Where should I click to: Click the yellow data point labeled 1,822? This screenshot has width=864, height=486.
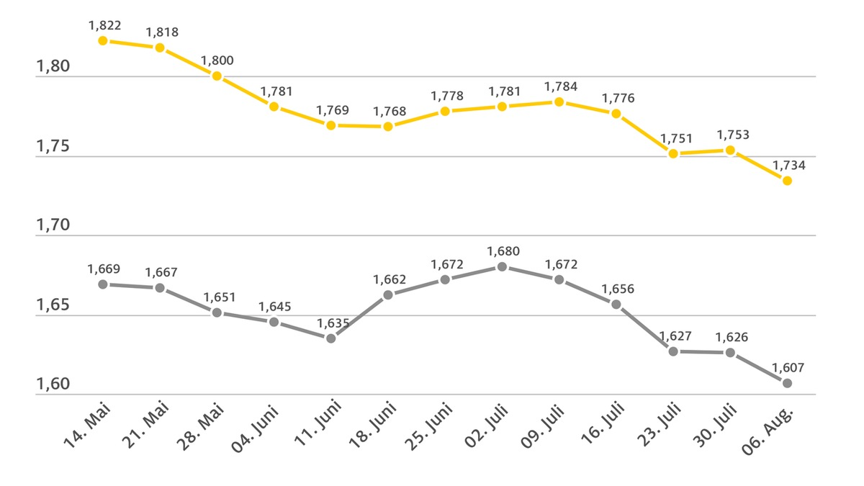click(x=103, y=41)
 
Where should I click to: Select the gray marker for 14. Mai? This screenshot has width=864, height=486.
click(x=103, y=284)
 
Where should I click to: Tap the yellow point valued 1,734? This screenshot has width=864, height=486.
click(x=787, y=181)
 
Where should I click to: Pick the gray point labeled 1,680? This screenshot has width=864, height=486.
click(x=503, y=267)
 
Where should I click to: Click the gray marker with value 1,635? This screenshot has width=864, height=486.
click(x=331, y=338)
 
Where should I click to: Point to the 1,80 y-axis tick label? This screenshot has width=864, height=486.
click(x=53, y=67)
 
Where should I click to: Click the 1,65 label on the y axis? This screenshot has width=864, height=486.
click(x=53, y=305)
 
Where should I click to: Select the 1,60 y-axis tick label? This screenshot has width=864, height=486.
click(x=53, y=384)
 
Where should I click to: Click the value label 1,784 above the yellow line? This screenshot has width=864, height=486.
click(x=559, y=86)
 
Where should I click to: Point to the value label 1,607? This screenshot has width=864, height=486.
click(x=788, y=367)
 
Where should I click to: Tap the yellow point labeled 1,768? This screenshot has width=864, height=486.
click(x=388, y=127)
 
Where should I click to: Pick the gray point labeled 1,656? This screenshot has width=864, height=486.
click(x=616, y=305)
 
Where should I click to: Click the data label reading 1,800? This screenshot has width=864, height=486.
click(x=217, y=60)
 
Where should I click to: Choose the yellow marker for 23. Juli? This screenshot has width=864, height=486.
click(x=673, y=153)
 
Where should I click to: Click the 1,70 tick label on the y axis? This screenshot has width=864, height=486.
click(x=53, y=225)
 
